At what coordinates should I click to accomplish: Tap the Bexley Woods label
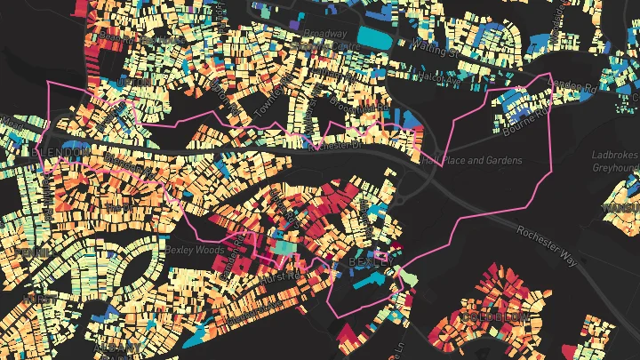(x=193, y=250)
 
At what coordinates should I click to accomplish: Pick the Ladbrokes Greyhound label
(x=617, y=161)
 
